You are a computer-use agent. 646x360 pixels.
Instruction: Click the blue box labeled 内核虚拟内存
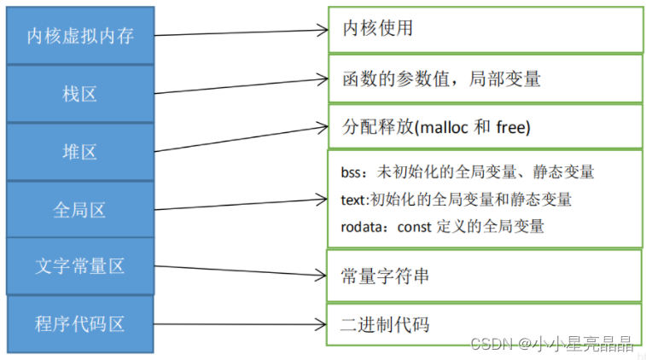pyautogui.click(x=80, y=36)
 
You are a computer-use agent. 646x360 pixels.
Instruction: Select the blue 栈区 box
pyautogui.click(x=80, y=94)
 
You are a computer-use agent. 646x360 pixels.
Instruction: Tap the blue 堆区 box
pyautogui.click(x=80, y=152)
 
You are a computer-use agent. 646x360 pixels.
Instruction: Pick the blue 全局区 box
pyautogui.click(x=80, y=209)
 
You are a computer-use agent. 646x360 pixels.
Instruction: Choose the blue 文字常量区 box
pyautogui.click(x=80, y=265)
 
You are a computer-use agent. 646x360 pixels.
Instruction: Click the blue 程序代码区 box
pyautogui.click(x=80, y=323)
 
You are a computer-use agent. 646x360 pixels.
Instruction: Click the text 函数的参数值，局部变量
pyautogui.click(x=440, y=79)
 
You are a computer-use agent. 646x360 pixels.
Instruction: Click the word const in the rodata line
pyautogui.click(x=412, y=226)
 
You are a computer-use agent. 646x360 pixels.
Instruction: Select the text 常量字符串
pyautogui.click(x=384, y=276)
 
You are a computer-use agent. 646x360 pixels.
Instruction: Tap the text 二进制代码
pyautogui.click(x=384, y=324)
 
